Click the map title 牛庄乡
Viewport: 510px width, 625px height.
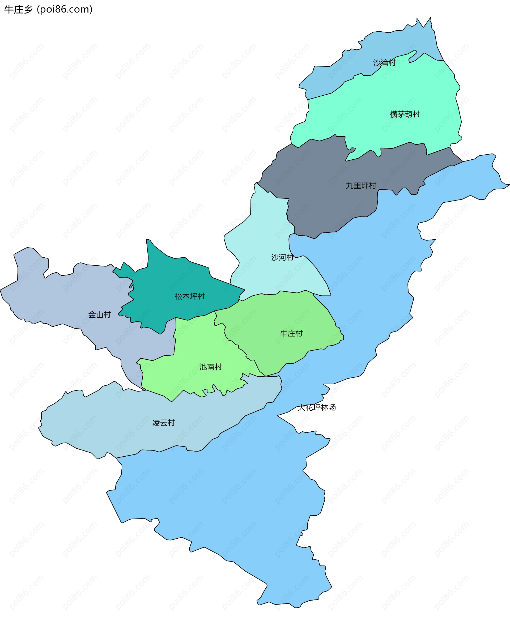pos(18,10)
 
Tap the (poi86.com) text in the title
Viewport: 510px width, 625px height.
pos(65,10)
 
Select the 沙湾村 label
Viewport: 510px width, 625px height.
pos(384,63)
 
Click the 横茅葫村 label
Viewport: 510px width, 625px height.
pos(405,114)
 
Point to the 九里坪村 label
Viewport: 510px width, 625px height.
pos(361,186)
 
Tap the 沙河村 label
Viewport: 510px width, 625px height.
pos(282,258)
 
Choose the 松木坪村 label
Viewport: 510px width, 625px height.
pos(189,296)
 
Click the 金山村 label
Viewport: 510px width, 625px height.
pos(100,315)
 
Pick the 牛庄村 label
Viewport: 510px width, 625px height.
pos(291,333)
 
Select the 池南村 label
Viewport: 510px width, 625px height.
pos(211,367)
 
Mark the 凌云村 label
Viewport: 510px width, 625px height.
pos(164,423)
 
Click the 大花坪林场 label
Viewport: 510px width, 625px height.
pos(317,408)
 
